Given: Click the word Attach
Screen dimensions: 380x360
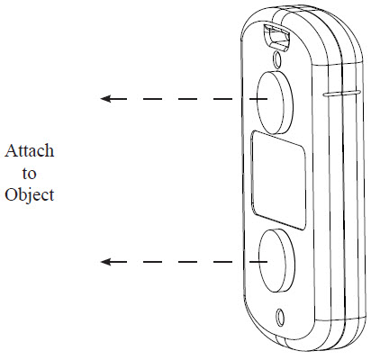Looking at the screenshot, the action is (30, 150).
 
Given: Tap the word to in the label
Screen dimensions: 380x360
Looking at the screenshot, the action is (29, 174).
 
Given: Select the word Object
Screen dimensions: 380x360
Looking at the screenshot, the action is (30, 195).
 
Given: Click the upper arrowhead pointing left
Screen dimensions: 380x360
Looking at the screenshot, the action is (105, 98).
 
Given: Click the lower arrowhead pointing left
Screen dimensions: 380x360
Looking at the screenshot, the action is (105, 262).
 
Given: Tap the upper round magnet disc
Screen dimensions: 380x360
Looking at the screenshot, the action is (275, 103).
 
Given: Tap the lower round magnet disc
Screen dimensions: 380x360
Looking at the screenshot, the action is (276, 260).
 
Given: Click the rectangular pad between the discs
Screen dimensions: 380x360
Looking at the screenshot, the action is (278, 180).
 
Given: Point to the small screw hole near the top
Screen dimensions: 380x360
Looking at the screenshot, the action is (277, 58).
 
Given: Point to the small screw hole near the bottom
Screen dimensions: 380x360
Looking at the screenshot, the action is (280, 317).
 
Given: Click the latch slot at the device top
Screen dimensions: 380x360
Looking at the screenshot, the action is (276, 36).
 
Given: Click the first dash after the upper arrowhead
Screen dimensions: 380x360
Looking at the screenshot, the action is (119, 98).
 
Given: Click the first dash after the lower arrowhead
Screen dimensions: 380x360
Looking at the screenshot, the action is (119, 262).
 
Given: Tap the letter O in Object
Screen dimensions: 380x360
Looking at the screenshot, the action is (10, 194).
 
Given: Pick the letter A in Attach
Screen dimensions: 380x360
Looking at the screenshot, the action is (11, 150).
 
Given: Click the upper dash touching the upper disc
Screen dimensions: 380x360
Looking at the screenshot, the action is (258, 98).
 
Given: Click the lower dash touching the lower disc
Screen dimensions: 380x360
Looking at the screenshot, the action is (258, 262).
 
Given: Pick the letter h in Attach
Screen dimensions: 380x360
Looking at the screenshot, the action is (50, 150).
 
